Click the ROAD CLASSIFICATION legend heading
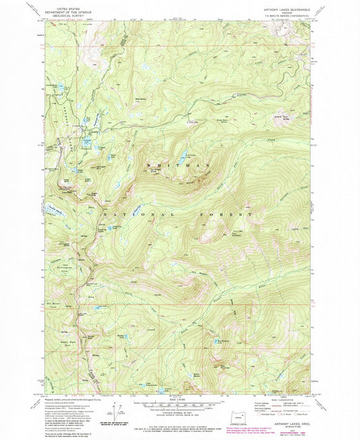click(x=284, y=400)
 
